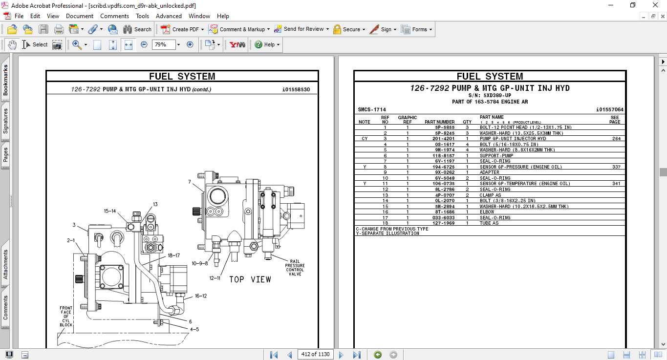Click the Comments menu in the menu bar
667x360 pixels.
(x=114, y=16)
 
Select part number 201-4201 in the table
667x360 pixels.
(x=443, y=139)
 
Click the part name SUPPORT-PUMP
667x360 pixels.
(x=496, y=156)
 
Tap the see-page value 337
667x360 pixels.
(x=616, y=167)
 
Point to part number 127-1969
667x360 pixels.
(x=443, y=223)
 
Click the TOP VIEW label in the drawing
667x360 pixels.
(x=250, y=279)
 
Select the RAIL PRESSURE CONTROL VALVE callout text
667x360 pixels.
(x=295, y=268)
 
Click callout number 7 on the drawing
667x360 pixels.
(x=190, y=182)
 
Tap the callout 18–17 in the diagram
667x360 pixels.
(x=174, y=255)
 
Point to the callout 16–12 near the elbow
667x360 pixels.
(x=201, y=296)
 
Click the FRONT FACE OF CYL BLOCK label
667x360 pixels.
(x=66, y=317)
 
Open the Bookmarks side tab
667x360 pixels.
(x=6, y=81)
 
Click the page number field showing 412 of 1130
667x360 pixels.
(x=315, y=355)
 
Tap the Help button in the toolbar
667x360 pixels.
(x=267, y=44)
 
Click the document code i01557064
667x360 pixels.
(x=609, y=109)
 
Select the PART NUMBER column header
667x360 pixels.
(x=439, y=122)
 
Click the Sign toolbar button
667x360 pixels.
(x=382, y=29)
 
